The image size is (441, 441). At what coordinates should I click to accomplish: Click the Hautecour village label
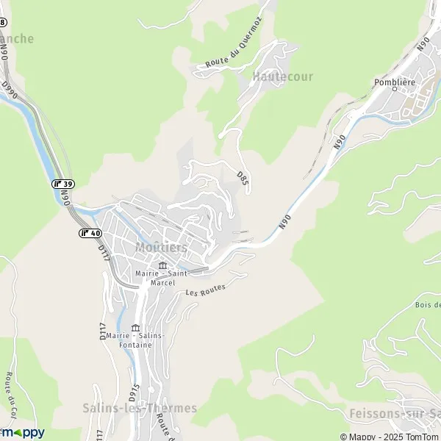282,76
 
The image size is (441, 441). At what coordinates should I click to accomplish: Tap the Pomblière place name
395,82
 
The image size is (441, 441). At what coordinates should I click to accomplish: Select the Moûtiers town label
161,247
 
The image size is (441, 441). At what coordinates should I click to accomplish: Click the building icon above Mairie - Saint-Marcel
162,265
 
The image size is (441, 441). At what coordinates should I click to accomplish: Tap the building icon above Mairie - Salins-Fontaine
135,328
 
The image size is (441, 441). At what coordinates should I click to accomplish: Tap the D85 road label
241,177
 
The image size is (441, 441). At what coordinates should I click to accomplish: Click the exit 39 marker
63,184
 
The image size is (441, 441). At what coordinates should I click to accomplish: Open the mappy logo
23,432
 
